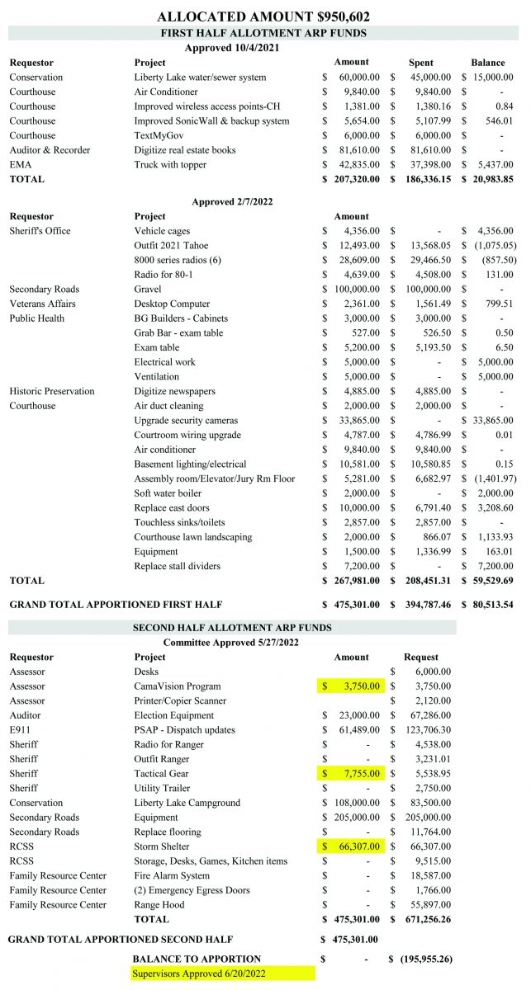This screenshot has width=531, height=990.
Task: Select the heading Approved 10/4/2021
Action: pyautogui.click(x=231, y=48)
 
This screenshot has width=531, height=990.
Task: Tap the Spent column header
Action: pyautogui.click(x=421, y=63)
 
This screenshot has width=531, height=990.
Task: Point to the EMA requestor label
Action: pyautogui.click(x=21, y=164)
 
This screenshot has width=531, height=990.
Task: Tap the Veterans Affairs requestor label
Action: pyautogui.click(x=44, y=304)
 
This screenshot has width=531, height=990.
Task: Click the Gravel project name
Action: pyautogui.click(x=149, y=290)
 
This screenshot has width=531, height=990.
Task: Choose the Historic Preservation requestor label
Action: pyautogui.click(x=52, y=391)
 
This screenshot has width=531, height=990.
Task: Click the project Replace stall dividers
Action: pyautogui.click(x=178, y=566)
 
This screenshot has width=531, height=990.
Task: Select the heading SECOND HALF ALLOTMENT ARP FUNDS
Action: pyautogui.click(x=232, y=628)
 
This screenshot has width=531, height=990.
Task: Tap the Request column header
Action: pyautogui.click(x=421, y=657)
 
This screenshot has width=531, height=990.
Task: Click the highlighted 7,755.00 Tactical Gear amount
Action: pyautogui.click(x=351, y=774)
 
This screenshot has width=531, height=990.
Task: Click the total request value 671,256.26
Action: pyautogui.click(x=423, y=918)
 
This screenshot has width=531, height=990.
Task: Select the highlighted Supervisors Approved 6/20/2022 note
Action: pyautogui.click(x=222, y=973)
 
